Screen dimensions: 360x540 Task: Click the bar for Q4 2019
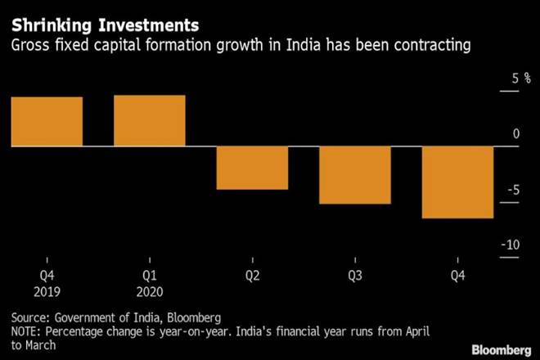click(47, 121)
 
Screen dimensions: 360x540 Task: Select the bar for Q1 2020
click(150, 120)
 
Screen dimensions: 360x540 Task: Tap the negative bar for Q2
click(252, 168)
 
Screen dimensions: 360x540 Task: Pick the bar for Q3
click(355, 175)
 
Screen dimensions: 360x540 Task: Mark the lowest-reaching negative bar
click(457, 182)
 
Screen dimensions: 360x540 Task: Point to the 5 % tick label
click(509, 79)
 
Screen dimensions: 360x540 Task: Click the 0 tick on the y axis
click(514, 134)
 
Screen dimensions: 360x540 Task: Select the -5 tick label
click(511, 191)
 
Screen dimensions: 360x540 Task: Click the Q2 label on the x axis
click(252, 277)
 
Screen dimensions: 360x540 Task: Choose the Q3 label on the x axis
click(355, 277)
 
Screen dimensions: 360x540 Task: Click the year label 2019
click(47, 291)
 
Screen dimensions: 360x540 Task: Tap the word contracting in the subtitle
click(432, 46)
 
